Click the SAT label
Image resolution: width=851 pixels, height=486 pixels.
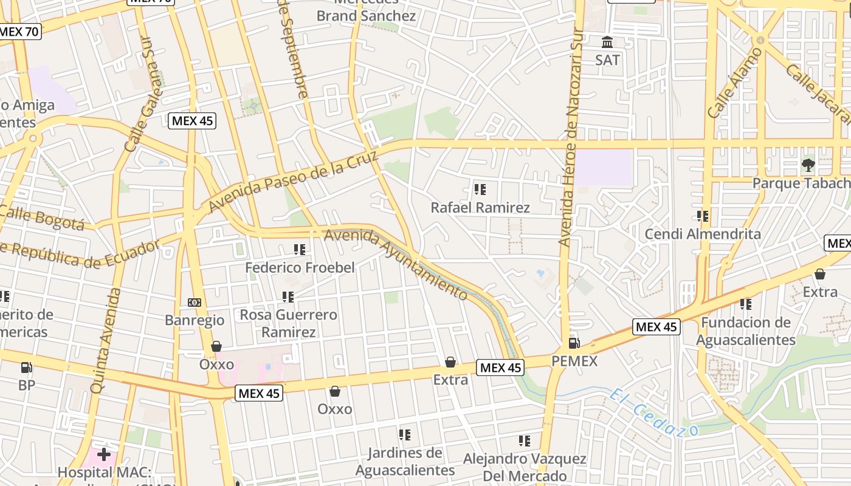coord(607,60)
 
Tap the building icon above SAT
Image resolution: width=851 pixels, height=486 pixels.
coord(607,43)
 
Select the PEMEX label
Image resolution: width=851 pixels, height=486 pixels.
coord(574,361)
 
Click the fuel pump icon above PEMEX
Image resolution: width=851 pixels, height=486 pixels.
coord(574,343)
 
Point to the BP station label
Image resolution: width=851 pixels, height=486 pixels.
coord(27,385)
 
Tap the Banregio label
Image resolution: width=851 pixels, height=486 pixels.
coord(195,320)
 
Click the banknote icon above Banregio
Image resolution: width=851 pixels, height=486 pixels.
coord(195,303)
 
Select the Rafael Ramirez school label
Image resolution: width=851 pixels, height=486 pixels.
coord(480,208)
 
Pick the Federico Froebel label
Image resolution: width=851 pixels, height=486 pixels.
coord(300,268)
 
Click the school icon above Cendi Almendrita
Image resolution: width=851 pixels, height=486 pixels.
coord(703,216)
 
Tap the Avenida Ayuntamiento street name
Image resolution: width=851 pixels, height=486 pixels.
coord(396,264)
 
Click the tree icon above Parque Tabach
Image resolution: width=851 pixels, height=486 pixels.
coord(808,165)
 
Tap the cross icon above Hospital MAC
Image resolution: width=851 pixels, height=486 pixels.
coord(103,454)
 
